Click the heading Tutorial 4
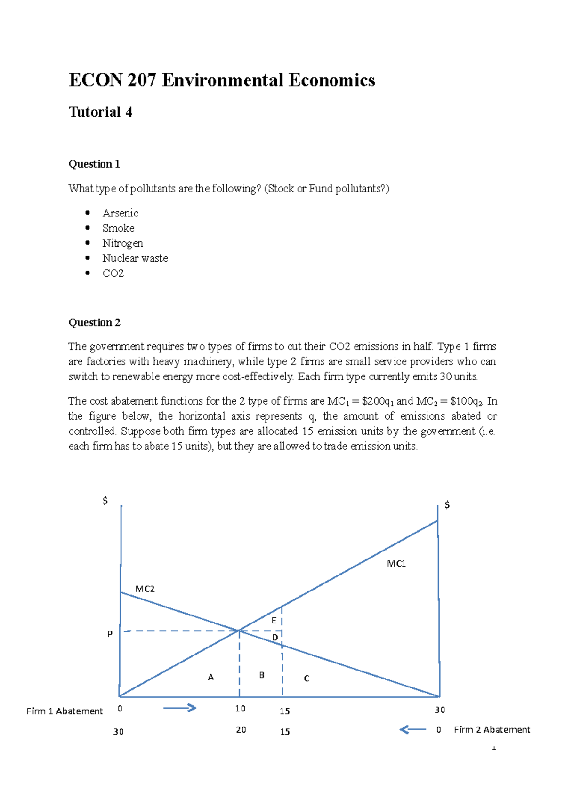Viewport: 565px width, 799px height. [100, 112]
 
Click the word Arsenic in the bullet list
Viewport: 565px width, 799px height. [120, 213]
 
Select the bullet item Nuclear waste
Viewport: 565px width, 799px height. [135, 258]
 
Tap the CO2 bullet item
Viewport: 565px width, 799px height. [113, 273]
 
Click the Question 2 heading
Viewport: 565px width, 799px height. [94, 322]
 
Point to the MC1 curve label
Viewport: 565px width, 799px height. [396, 564]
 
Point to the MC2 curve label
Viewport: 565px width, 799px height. [145, 589]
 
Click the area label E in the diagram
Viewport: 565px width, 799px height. [274, 621]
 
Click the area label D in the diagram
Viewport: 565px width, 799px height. [275, 638]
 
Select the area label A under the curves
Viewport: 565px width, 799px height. [210, 677]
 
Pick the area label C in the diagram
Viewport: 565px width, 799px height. [307, 679]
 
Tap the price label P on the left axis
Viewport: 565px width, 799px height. [110, 634]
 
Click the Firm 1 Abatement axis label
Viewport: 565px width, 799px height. [65, 711]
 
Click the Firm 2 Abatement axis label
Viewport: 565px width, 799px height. [492, 729]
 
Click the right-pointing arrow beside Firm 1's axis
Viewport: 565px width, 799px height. [179, 708]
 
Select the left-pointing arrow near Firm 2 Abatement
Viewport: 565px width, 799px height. [412, 729]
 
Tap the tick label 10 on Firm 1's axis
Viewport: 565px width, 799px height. [240, 709]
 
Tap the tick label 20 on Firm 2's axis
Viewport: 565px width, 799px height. [241, 730]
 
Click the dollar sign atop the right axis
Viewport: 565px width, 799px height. [447, 505]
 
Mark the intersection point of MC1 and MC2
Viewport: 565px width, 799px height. [239, 631]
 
